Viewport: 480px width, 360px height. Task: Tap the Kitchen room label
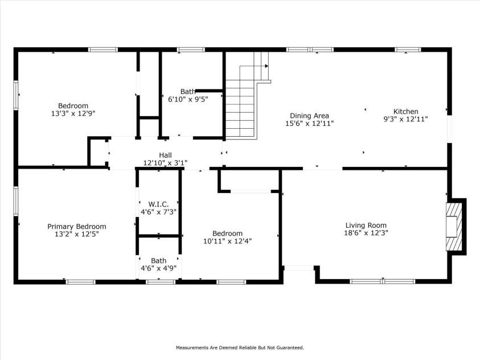(x=405, y=112)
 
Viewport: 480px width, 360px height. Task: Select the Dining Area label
(x=309, y=116)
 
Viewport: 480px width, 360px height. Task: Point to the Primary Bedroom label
(x=76, y=226)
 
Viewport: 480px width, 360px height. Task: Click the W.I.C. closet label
(x=158, y=204)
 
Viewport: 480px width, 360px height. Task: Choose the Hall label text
(x=165, y=155)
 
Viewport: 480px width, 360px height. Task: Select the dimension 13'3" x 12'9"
(x=73, y=113)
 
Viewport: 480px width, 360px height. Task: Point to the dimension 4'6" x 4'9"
(x=158, y=268)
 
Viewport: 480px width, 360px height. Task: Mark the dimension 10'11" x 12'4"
(x=227, y=241)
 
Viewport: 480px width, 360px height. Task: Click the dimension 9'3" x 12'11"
(x=405, y=120)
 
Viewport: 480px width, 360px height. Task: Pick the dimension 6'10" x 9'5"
(x=188, y=99)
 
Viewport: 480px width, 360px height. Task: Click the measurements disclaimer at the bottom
(x=240, y=347)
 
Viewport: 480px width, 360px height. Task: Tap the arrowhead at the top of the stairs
(x=266, y=66)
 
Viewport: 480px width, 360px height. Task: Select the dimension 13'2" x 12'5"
(x=76, y=234)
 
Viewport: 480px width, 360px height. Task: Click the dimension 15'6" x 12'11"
(x=309, y=123)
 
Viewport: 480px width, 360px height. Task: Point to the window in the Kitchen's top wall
(x=408, y=50)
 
